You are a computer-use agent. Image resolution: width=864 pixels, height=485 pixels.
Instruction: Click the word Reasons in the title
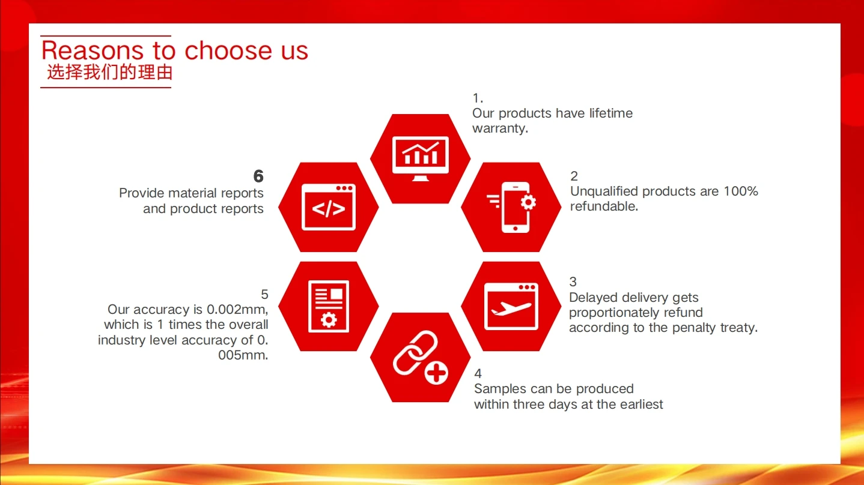point(93,50)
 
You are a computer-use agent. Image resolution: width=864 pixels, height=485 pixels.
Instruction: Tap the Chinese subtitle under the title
point(110,73)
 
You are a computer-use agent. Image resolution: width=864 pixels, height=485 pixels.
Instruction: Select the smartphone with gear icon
point(512,207)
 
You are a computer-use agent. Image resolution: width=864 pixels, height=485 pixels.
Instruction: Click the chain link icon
point(415,352)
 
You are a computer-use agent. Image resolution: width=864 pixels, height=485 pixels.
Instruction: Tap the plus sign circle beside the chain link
point(436,373)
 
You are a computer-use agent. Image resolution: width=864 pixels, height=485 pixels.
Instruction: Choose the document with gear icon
point(329,306)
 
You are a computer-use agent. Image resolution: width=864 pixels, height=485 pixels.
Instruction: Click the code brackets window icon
point(329,207)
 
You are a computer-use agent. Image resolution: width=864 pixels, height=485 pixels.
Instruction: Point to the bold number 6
point(258,176)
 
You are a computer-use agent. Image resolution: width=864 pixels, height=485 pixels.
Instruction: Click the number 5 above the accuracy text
point(264,294)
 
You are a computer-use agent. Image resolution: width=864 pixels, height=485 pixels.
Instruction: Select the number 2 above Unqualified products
point(574,176)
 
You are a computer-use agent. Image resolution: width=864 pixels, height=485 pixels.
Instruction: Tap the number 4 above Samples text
point(478,373)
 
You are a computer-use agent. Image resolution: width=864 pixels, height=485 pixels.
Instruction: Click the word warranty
point(500,128)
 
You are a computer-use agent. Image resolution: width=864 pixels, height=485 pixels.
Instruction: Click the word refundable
point(604,206)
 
